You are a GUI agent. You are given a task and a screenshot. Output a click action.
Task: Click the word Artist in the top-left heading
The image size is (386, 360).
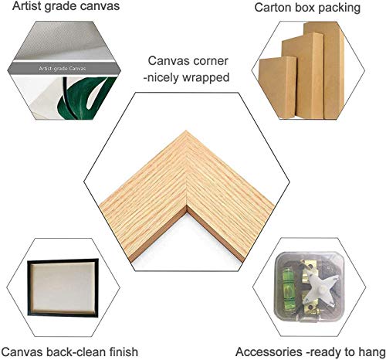click(x=27, y=6)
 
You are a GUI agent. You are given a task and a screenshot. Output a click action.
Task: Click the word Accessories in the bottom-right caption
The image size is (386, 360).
click(x=269, y=352)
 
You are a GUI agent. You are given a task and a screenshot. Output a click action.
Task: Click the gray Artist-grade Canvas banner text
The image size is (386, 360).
click(x=63, y=69)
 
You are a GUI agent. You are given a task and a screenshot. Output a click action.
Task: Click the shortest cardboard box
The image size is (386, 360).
click(x=278, y=87)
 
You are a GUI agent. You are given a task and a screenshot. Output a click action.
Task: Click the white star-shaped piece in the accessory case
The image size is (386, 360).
click(x=323, y=288)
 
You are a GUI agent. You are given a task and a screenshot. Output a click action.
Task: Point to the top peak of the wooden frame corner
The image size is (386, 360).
click(x=186, y=131)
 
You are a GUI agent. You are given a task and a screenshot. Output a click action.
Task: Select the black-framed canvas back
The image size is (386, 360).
click(x=63, y=287)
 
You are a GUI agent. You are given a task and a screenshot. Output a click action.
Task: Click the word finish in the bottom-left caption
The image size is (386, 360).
click(x=124, y=352)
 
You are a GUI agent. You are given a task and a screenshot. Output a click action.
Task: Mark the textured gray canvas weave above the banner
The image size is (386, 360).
click(x=64, y=41)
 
